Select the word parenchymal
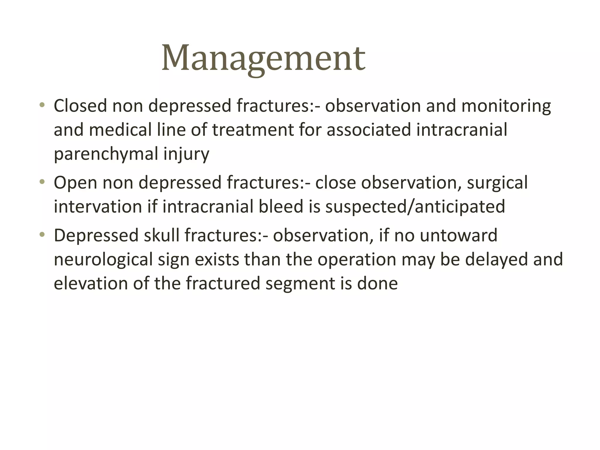[106, 154]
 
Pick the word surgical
[497, 183]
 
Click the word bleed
[281, 207]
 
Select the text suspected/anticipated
[415, 207]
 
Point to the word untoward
[458, 236]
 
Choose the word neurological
[103, 260]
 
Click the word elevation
[91, 284]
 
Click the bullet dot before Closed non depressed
[42, 105]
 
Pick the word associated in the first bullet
[369, 130]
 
